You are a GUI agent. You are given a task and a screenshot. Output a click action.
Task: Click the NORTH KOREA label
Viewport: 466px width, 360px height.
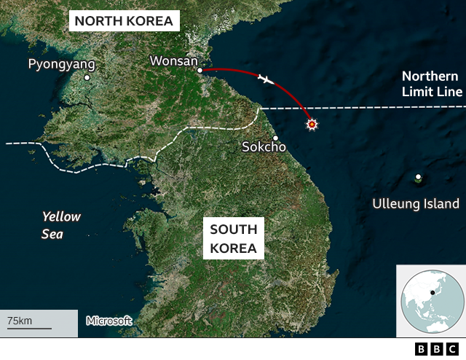point(124,20)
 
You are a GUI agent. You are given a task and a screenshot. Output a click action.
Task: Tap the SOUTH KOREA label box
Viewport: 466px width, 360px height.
point(233,239)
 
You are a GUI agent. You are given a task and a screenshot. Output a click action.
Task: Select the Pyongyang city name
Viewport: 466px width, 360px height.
point(61,64)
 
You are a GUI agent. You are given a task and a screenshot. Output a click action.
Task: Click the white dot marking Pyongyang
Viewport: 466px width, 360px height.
point(87,77)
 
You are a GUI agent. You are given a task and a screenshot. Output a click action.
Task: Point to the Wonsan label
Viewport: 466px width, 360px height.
point(173,60)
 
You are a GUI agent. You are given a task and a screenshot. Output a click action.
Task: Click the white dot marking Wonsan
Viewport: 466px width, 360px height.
point(200,70)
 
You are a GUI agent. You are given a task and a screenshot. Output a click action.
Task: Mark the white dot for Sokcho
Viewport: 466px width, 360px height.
point(275,138)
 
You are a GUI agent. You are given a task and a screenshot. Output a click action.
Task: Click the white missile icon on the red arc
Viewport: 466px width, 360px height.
point(266,79)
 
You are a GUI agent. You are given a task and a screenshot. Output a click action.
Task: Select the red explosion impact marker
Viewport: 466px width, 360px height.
point(312,125)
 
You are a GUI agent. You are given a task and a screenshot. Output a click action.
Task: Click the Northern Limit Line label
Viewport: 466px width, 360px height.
point(432,84)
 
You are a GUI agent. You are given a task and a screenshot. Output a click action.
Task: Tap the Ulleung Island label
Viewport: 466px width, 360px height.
point(416,204)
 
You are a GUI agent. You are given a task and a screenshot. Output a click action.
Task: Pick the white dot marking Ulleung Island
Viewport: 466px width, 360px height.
point(418,177)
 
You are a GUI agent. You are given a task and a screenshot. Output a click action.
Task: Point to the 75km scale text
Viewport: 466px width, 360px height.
point(20,321)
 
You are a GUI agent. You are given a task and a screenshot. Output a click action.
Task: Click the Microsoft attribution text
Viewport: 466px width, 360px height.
point(109,321)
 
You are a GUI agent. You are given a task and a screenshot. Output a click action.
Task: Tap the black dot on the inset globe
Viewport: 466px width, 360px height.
point(433,293)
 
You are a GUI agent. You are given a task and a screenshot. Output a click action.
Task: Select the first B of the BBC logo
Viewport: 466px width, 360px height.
point(422,349)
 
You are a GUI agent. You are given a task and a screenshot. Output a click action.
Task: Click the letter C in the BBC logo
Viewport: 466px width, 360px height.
point(452,349)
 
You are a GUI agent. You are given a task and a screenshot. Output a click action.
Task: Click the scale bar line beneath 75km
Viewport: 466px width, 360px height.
point(29,329)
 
